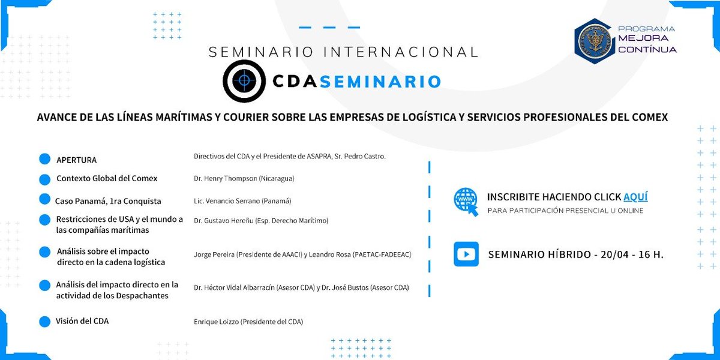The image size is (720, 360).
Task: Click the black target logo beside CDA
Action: [x=244, y=81]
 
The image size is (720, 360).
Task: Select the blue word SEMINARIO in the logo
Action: [x=380, y=82]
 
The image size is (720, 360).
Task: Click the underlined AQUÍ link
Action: [x=635, y=197]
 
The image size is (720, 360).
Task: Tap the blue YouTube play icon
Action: [x=466, y=254]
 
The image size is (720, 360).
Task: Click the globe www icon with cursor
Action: [x=466, y=201]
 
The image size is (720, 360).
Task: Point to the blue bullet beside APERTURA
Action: [x=44, y=158]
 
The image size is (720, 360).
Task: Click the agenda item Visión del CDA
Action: [x=82, y=321]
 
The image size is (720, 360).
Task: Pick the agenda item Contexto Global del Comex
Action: [x=107, y=178]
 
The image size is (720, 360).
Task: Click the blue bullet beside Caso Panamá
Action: [x=44, y=199]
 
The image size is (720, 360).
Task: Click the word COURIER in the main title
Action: [x=238, y=117]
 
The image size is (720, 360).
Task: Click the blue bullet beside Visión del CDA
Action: [x=44, y=322]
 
